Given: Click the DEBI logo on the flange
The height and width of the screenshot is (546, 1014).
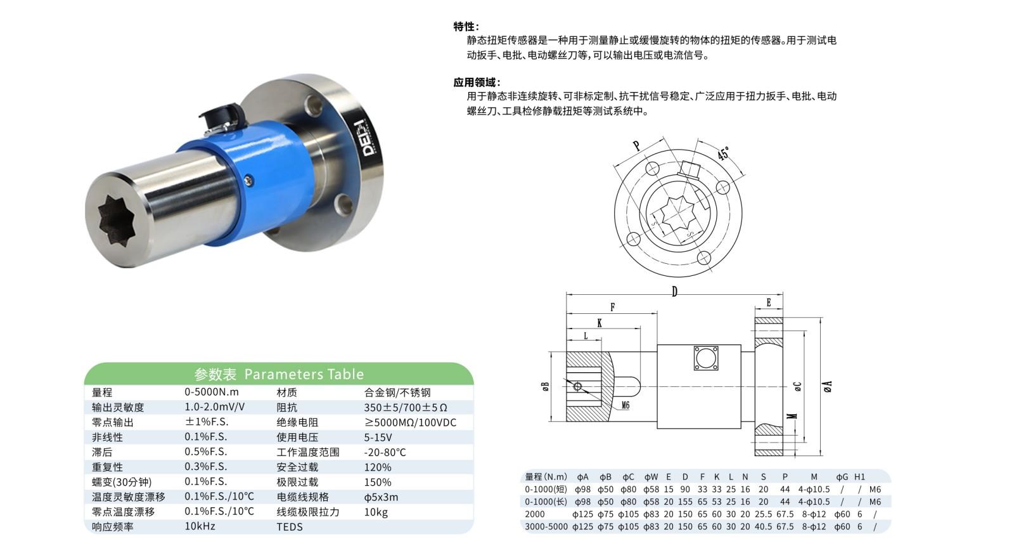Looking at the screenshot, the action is click(x=369, y=138).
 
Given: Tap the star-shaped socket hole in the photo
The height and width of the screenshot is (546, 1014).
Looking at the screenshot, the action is click(x=119, y=221).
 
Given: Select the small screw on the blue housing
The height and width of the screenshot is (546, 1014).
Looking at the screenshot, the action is click(x=248, y=181).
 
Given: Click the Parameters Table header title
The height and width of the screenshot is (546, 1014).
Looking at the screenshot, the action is click(x=279, y=374).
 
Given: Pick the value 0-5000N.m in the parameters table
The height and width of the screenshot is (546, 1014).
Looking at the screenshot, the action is click(x=212, y=392).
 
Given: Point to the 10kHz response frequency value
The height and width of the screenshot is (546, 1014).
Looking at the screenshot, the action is click(x=200, y=526).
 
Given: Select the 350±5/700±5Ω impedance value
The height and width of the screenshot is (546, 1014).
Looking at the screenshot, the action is click(x=406, y=407).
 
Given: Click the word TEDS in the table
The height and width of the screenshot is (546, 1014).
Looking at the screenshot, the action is click(x=290, y=526).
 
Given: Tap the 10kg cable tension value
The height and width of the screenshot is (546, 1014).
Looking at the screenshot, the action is click(x=376, y=512).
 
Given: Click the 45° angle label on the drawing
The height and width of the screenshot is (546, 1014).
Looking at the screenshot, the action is click(x=723, y=153).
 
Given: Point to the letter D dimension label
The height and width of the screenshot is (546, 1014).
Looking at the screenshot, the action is click(x=674, y=291).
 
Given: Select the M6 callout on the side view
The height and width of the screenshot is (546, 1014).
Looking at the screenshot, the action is click(x=625, y=405).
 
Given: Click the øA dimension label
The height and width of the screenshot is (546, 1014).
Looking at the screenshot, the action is click(x=827, y=386).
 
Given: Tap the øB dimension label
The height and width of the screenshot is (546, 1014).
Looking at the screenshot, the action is click(x=545, y=386).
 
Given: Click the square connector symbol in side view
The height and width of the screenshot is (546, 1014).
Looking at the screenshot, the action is click(x=706, y=358).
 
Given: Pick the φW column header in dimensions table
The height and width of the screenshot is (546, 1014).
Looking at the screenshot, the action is click(x=651, y=477).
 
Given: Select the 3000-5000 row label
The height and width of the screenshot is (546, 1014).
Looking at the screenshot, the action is click(x=546, y=526).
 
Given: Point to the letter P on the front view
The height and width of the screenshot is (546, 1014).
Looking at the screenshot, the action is click(x=636, y=146).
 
